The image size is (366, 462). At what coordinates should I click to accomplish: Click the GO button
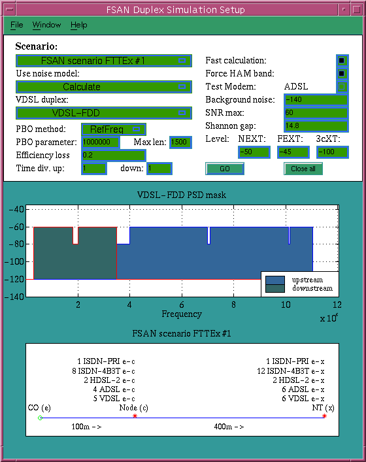225,169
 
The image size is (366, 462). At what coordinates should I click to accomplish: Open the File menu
16,25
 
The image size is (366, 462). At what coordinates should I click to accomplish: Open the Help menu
78,25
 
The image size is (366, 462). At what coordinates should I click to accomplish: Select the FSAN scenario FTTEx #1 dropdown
104,61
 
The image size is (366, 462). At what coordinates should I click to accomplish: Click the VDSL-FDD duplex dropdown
104,113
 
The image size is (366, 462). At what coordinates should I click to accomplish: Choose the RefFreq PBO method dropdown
114,129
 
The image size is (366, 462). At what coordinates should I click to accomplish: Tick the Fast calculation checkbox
342,60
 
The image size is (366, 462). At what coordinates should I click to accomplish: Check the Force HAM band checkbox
342,73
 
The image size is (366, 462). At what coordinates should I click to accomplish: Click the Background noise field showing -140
316,99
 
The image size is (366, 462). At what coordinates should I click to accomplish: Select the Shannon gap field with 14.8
316,126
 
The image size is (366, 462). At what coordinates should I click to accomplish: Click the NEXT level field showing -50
254,152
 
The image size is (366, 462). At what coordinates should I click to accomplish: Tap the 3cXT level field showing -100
333,152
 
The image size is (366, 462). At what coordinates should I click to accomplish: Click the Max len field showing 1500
180,142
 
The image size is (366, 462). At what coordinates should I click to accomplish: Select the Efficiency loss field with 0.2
114,156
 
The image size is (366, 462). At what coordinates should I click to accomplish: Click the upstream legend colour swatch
275,280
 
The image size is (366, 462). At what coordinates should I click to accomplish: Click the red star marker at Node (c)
135,416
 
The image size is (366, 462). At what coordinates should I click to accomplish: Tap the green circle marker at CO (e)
41,418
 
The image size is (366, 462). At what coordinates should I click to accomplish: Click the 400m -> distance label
229,427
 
